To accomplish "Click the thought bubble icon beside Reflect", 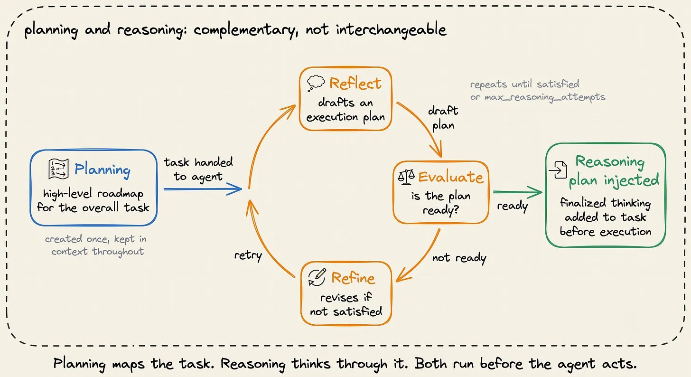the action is coord(316,83).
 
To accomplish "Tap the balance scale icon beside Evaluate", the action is coord(406,177).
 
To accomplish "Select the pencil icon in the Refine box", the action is coord(317,277).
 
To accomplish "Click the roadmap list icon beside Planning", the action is coord(59,169).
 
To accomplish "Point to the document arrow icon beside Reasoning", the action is coord(558,170).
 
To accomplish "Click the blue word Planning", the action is coord(103,170).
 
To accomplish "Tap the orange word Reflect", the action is coord(355,83).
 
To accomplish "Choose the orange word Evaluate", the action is coord(451,177).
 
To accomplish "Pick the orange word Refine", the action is coord(353,278).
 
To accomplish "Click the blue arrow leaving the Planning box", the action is coord(203,189).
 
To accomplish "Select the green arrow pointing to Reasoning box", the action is coord(518,192).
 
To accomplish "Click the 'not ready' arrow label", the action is coord(459,258).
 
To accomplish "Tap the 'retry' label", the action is coord(248,255).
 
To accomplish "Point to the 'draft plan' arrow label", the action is coord(443,118).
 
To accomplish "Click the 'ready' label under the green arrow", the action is coord(513,206).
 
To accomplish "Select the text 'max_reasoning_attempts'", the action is coord(545,97).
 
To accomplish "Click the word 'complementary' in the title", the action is coord(246,30).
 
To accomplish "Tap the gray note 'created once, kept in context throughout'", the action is coord(96,245).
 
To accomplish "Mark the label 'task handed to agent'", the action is coord(198,170).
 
